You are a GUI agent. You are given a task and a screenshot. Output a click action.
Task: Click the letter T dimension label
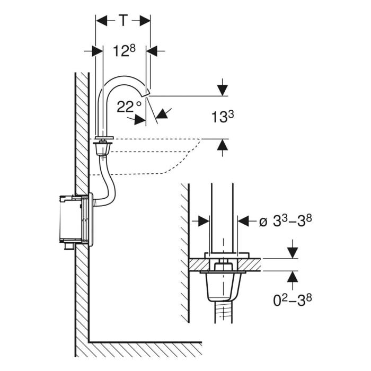(123, 21)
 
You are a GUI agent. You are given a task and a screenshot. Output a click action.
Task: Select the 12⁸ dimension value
(125, 51)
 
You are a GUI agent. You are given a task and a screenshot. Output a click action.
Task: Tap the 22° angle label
(129, 107)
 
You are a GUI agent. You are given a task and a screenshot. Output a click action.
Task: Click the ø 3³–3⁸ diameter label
(285, 221)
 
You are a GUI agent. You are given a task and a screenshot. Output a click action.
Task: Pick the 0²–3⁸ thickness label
(292, 300)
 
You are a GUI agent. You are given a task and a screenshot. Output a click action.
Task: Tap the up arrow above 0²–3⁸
(292, 276)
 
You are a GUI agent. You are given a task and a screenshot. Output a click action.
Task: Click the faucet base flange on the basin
(103, 140)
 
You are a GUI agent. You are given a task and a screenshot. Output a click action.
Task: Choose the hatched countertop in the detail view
(249, 264)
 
